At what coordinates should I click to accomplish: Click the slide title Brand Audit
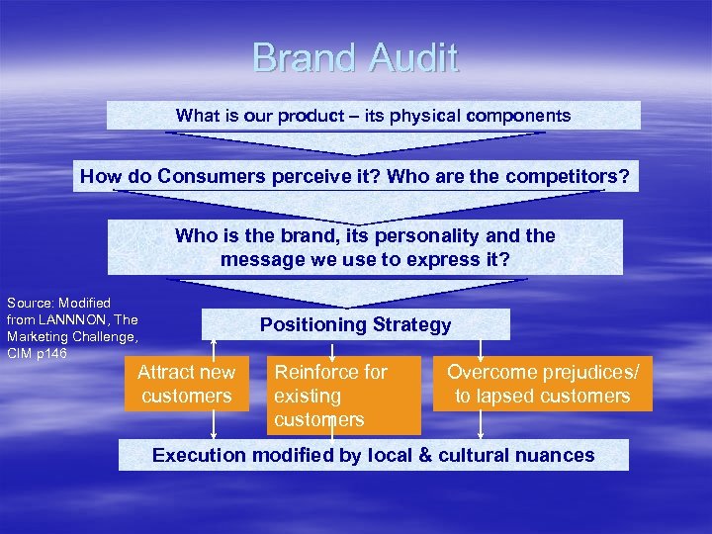tap(355, 57)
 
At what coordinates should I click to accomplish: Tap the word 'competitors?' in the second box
tap(573, 177)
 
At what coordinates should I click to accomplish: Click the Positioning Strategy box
tap(355, 324)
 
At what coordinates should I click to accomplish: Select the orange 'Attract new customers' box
tap(186, 384)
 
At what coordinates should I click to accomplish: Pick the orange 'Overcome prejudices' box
tap(543, 384)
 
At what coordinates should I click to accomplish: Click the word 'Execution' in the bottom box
tap(199, 456)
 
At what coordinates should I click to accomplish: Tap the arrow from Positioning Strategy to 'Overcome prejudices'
tap(481, 348)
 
